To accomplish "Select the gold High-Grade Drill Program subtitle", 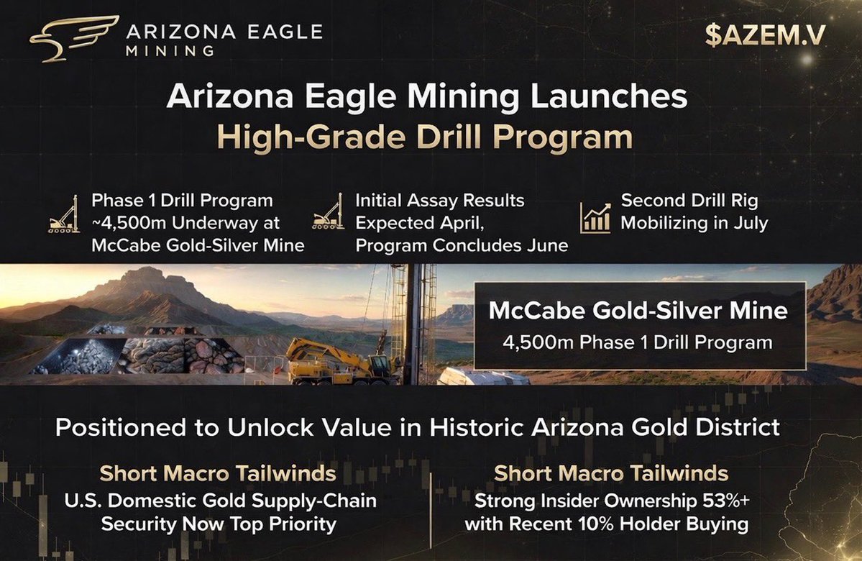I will [425, 136].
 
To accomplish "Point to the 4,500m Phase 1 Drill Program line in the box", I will [638, 342].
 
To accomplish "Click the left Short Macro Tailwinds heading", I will [217, 474].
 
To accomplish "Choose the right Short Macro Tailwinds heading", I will [611, 474].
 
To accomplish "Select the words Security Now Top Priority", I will [219, 524].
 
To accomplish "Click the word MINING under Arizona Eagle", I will [169, 50].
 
